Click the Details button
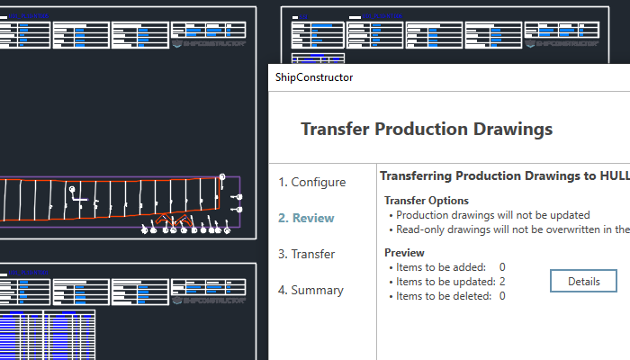583,281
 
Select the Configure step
311,182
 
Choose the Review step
306,218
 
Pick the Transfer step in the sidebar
306,254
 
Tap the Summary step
310,290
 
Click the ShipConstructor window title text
313,77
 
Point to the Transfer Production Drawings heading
426,129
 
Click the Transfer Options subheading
427,201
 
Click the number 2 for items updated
502,282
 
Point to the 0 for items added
502,267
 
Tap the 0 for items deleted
502,296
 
